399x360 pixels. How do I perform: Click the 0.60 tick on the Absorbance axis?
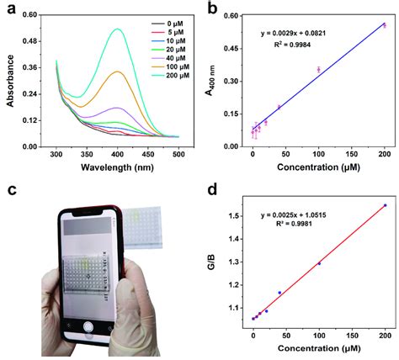30,15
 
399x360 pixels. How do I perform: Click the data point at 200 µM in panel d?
385,205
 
